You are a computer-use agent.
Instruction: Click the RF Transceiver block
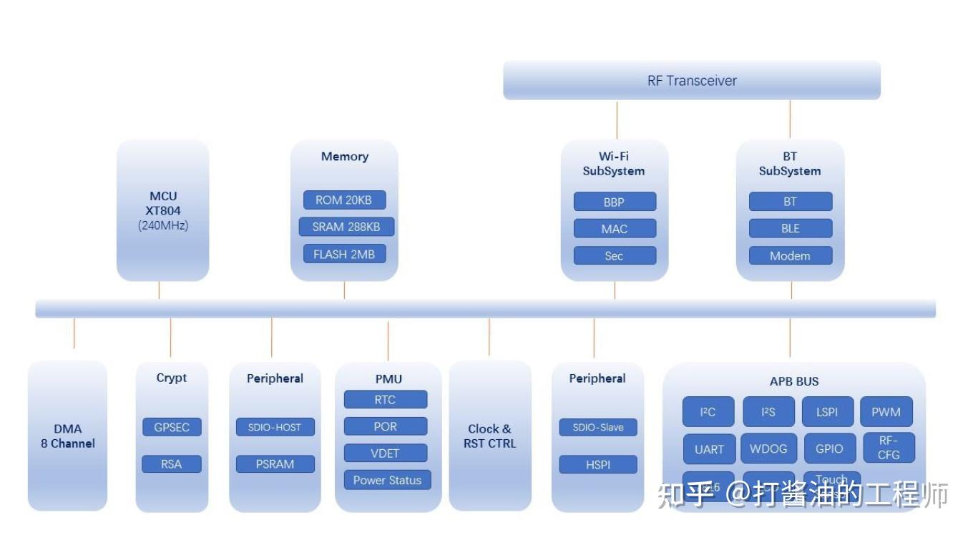[691, 80]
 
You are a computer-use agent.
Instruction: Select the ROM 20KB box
[344, 200]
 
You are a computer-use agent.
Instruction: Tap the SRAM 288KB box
[346, 227]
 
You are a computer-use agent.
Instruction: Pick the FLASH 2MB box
[344, 254]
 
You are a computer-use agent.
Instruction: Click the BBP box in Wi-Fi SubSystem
[614, 202]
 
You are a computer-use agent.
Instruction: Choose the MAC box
[614, 229]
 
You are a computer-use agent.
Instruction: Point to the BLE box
[790, 229]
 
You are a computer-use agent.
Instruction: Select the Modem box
[790, 255]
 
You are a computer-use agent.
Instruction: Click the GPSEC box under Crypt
[172, 427]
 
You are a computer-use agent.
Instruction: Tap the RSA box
[172, 463]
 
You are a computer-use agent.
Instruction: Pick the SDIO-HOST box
[275, 427]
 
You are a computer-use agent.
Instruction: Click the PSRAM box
[275, 463]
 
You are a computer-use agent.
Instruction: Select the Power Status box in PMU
[387, 480]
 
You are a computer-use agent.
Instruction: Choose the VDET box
[385, 453]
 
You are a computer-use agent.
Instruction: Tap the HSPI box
[597, 463]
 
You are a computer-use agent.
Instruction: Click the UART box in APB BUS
[709, 449]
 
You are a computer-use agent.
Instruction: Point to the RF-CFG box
[888, 448]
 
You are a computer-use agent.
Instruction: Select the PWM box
[886, 412]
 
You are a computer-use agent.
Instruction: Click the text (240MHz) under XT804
[163, 225]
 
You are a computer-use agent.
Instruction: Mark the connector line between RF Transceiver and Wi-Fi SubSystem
[617, 119]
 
